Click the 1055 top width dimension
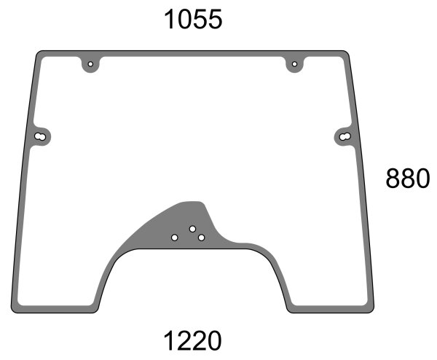193,19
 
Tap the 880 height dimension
408,179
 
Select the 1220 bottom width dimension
192,340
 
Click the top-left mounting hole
90,64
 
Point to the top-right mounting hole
294,64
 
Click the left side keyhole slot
40,136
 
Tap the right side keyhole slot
345,136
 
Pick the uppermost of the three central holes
192,229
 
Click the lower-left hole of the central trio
175,238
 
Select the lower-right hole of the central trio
201,238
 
